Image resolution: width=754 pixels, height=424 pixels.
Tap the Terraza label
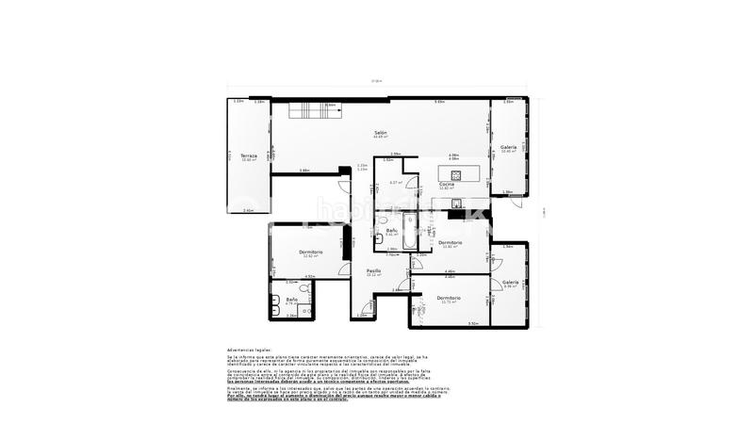pos(248,155)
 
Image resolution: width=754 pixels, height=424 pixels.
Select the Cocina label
pos(448,184)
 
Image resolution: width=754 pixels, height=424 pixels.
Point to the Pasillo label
pos(373,270)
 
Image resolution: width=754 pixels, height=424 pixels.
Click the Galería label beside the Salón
pos(509,147)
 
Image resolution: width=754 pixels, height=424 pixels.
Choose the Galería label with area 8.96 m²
pos(510,282)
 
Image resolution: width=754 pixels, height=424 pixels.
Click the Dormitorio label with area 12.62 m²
pos(311,252)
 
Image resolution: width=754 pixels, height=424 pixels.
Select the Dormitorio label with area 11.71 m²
pos(449,298)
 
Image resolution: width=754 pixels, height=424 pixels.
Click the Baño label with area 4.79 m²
pos(292,300)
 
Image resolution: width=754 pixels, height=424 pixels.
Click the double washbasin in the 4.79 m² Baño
pos(275,305)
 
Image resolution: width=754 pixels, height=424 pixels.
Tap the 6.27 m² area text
pos(396,182)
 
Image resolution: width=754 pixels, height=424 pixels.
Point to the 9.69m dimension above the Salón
pos(439,102)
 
